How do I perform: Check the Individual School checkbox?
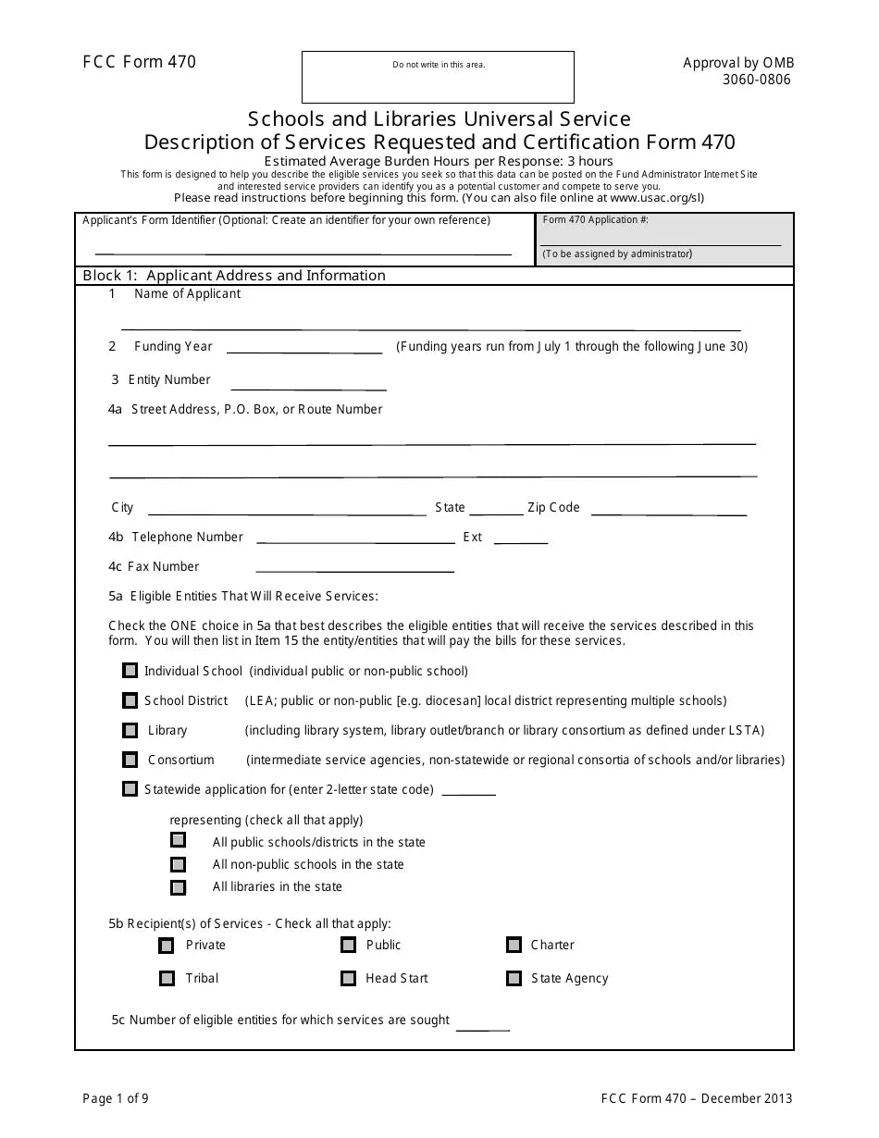[x=130, y=671]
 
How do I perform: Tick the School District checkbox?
[x=130, y=700]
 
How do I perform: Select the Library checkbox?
[x=130, y=730]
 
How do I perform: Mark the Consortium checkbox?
[x=130, y=760]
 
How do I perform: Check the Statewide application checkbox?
[x=130, y=789]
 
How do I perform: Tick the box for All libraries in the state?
[x=179, y=887]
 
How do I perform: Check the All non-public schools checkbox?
[x=179, y=864]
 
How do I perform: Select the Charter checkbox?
[x=514, y=945]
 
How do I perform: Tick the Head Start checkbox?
[x=349, y=978]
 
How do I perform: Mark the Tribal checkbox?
[x=167, y=978]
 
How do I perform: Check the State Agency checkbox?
[x=514, y=978]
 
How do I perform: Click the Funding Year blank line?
[x=304, y=348]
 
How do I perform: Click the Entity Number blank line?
[x=308, y=385]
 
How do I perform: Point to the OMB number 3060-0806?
[x=756, y=80]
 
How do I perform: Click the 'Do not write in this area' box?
[x=438, y=78]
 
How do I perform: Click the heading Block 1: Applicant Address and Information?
[x=234, y=276]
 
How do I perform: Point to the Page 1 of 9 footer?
[x=116, y=1099]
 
